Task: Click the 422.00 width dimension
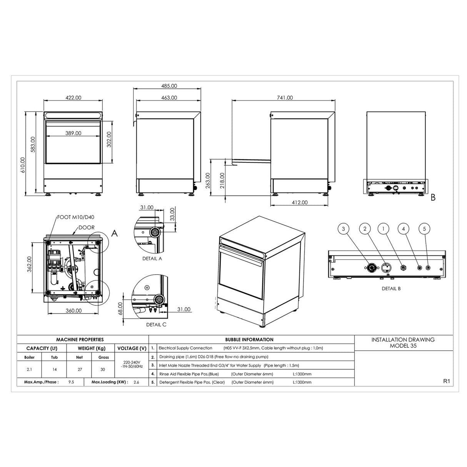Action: tap(73, 98)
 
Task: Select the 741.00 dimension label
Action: tap(285, 98)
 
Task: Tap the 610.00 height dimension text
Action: tap(23, 165)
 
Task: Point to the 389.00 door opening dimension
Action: tap(73, 133)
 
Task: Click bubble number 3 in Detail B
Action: tap(343, 229)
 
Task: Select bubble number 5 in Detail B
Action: tap(424, 229)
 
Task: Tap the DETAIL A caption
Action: tap(152, 259)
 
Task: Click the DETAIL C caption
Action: tap(156, 325)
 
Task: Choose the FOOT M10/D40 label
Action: tap(76, 217)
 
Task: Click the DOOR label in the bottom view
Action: tap(86, 227)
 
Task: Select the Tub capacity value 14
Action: tap(54, 369)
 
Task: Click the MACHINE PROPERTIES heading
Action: tap(80, 340)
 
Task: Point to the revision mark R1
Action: tap(446, 381)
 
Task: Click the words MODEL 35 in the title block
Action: tap(403, 346)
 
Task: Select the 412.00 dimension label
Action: tap(300, 202)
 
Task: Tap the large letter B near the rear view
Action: tap(433, 198)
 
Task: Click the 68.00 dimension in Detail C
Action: tap(120, 308)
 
